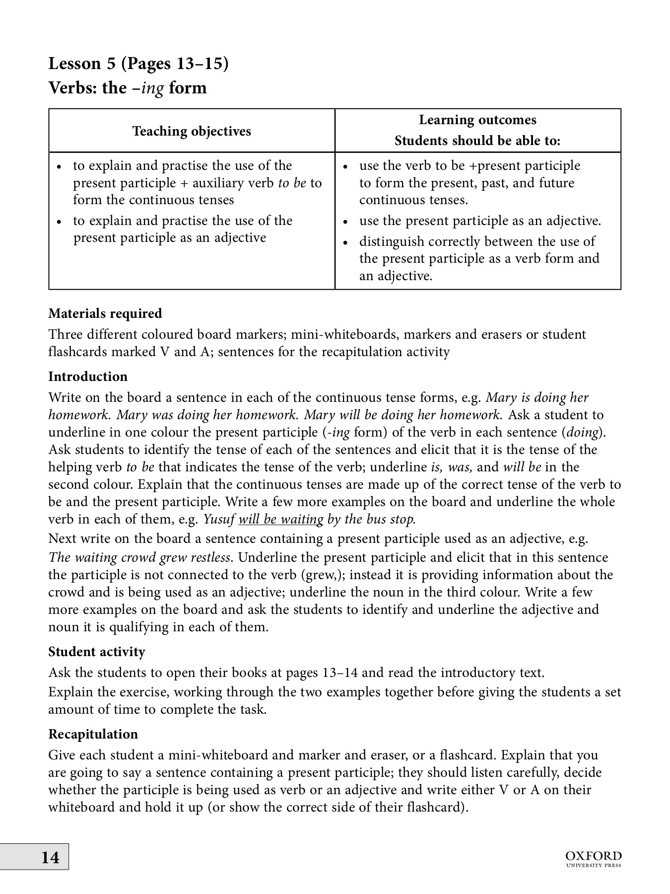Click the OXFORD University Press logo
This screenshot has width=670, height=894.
[593, 858]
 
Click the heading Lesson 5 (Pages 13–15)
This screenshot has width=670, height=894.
[138, 64]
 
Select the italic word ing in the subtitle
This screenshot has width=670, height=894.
[153, 88]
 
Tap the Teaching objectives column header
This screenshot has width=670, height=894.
[192, 131]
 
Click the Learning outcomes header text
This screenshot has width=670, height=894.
[477, 120]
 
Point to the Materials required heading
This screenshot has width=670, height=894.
[105, 313]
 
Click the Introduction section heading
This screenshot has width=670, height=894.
[88, 376]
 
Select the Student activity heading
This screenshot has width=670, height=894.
[97, 652]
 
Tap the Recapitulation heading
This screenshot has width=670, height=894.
[93, 734]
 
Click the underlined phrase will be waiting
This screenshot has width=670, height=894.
[281, 520]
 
